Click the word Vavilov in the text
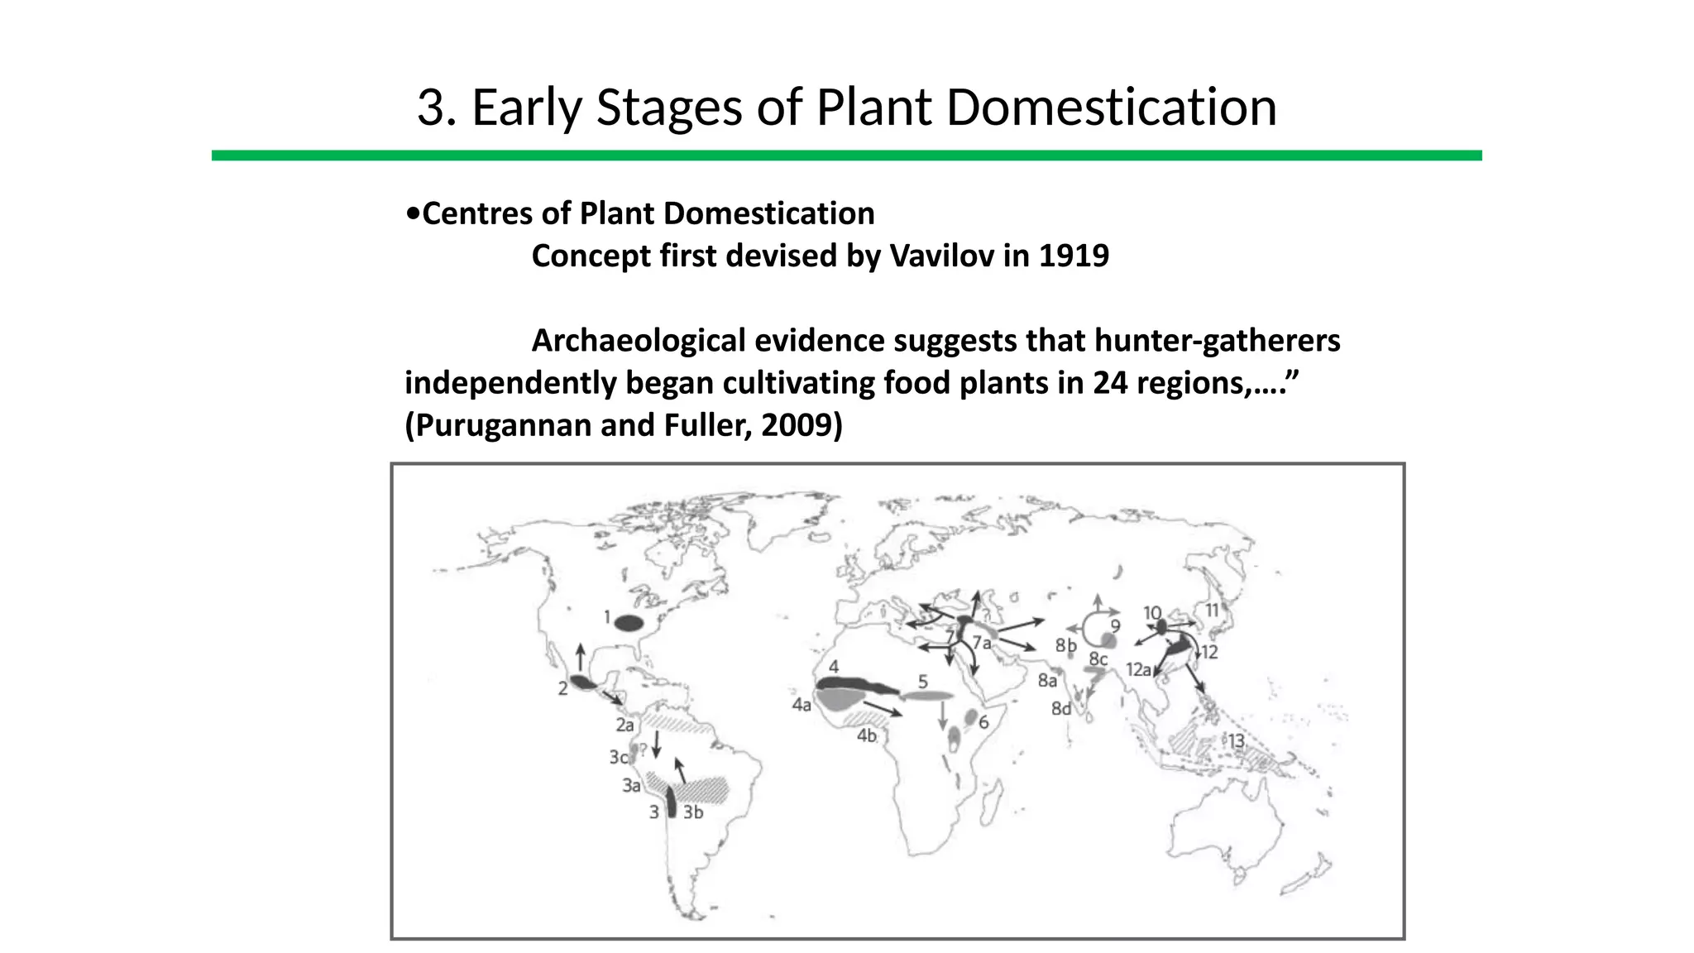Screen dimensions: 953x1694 [x=940, y=256]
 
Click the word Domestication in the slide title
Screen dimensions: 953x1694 [x=1111, y=108]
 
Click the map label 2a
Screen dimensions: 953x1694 [x=624, y=726]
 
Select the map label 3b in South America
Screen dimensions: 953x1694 [x=693, y=812]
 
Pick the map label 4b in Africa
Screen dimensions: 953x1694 [x=866, y=735]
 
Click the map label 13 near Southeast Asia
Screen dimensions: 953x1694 [x=1236, y=741]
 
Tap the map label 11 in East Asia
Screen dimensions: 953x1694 [x=1213, y=611]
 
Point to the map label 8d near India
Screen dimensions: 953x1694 [x=1060, y=709]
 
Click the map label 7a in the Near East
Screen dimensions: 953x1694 [x=982, y=643]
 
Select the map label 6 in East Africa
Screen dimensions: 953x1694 [x=983, y=722]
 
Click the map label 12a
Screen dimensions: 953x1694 [x=1138, y=669]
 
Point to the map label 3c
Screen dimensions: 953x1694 [x=619, y=757]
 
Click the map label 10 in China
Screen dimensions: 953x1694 [x=1152, y=613]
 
